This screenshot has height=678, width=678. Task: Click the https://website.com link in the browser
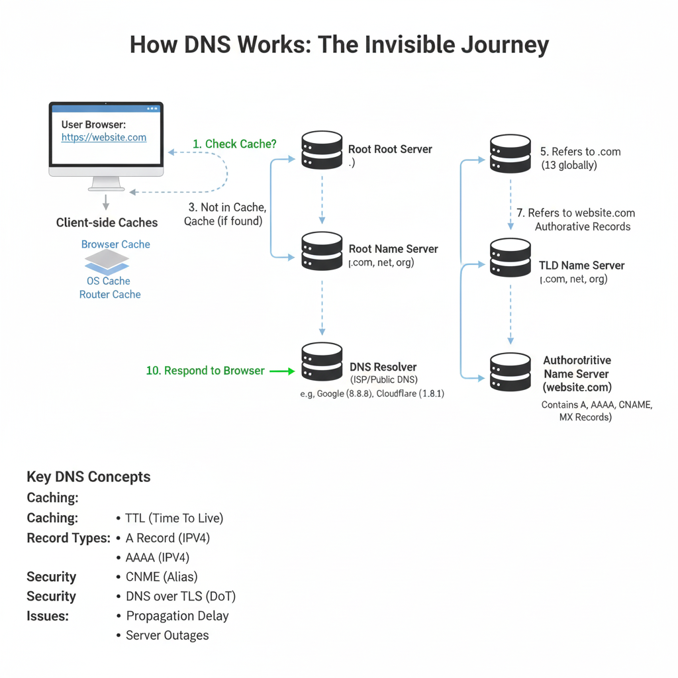tap(104, 138)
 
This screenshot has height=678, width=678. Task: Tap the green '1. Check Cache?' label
tap(234, 144)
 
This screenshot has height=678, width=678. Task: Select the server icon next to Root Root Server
tap(322, 150)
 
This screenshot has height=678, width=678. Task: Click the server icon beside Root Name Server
tap(322, 250)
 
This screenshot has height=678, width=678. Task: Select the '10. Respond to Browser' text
tap(205, 371)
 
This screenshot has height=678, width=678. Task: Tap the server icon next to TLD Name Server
tap(510, 258)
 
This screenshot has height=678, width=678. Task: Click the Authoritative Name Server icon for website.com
tap(510, 372)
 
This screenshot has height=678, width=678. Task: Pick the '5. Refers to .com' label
tap(581, 152)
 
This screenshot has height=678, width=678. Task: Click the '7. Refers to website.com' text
tap(575, 213)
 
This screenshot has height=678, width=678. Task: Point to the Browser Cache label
tap(116, 244)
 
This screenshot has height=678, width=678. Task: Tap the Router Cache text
tap(110, 295)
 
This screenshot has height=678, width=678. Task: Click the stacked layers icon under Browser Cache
tap(107, 263)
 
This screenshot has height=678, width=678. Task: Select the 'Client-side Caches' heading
tap(107, 223)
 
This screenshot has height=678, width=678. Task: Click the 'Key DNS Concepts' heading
tap(89, 477)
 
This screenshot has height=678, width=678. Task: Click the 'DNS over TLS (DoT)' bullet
tap(180, 596)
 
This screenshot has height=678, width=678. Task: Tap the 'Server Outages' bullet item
tap(167, 635)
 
